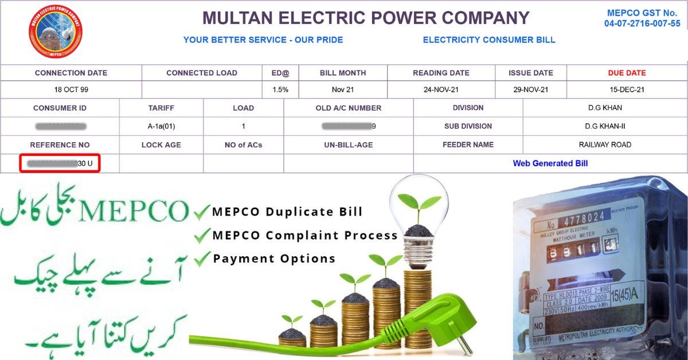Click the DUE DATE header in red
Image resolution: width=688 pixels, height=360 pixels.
click(x=627, y=73)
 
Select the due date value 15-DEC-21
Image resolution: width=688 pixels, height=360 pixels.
click(x=627, y=90)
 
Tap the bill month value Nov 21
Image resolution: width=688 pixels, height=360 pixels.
click(x=342, y=90)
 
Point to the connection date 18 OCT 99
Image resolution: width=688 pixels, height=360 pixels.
click(x=71, y=90)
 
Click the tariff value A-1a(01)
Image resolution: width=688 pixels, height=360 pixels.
click(x=161, y=126)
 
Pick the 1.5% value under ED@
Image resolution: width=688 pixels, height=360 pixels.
click(x=280, y=90)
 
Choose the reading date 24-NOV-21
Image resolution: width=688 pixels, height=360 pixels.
click(x=441, y=90)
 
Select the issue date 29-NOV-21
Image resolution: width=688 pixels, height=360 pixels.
click(x=530, y=90)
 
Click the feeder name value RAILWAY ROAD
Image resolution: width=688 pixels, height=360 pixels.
click(x=605, y=144)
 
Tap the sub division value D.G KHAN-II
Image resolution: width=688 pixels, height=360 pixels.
click(x=605, y=126)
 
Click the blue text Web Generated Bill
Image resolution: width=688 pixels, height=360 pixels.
click(x=550, y=163)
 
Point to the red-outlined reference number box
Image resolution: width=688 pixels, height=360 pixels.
click(x=60, y=163)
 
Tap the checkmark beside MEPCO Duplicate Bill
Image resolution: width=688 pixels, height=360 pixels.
click(x=201, y=213)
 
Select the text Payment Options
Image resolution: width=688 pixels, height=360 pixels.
click(x=274, y=259)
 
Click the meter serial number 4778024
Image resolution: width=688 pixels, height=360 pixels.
click(x=583, y=218)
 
